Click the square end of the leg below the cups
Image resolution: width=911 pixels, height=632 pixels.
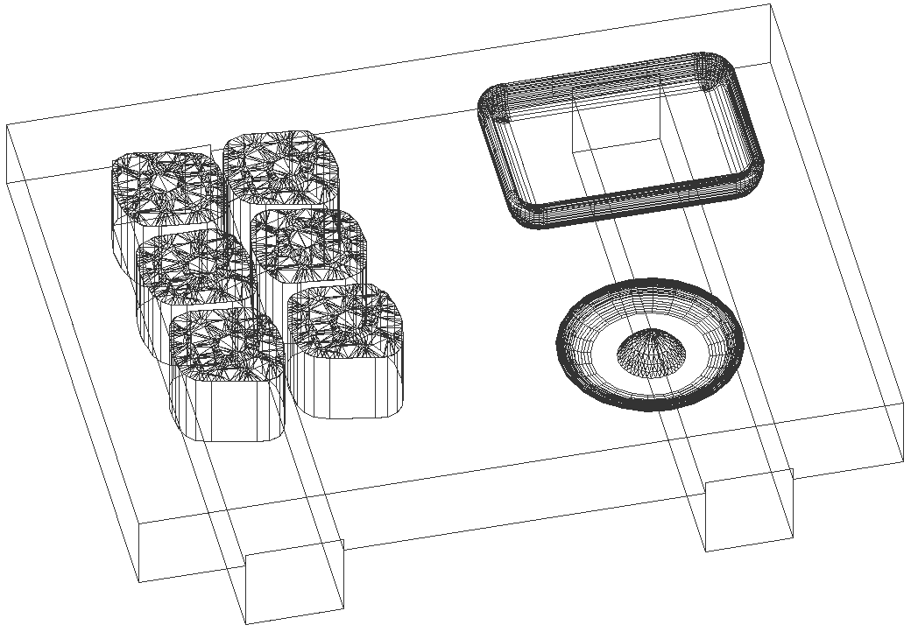[x=294, y=581]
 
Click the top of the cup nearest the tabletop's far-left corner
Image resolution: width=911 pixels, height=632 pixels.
[x=166, y=184]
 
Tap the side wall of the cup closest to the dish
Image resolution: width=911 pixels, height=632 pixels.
[x=346, y=385]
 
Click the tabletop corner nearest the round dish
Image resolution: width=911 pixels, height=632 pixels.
[x=902, y=404]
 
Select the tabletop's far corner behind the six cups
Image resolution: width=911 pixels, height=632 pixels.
[x=7, y=126]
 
